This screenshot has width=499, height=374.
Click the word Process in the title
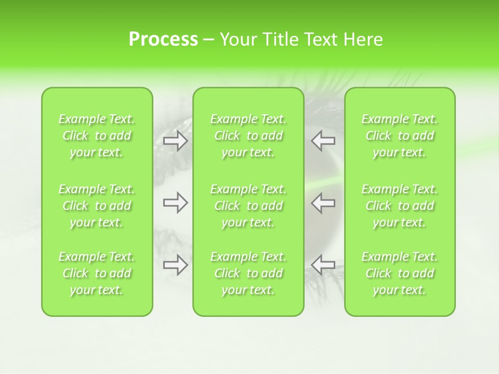[x=163, y=39]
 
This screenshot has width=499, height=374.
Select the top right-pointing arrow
[x=175, y=141]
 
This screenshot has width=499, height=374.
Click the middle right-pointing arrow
[x=175, y=203]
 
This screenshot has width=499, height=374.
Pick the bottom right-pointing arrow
[x=175, y=265]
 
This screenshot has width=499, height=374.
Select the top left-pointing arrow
[x=323, y=141]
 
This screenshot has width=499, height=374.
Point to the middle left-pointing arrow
[x=323, y=203]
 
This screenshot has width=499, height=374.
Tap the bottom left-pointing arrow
[x=323, y=265]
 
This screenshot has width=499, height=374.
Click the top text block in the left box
[x=97, y=136]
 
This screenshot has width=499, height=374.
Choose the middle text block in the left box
[x=97, y=206]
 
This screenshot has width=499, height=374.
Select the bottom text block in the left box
[x=97, y=273]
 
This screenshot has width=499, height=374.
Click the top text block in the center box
[x=248, y=136]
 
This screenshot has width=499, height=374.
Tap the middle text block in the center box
[x=248, y=206]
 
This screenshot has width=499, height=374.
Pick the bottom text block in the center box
[x=248, y=273]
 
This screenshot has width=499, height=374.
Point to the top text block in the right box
[x=400, y=136]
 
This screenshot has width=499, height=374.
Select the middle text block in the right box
[x=400, y=206]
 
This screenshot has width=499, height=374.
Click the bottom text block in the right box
[x=400, y=273]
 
